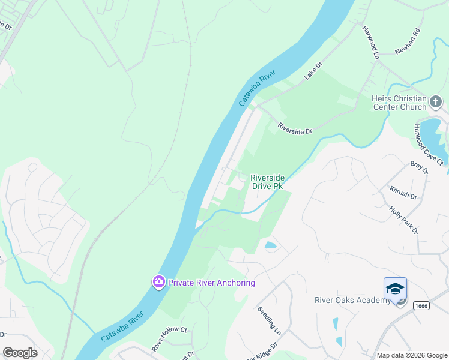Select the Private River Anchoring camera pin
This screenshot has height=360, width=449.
tap(158, 282)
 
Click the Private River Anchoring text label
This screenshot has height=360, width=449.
tap(211, 283)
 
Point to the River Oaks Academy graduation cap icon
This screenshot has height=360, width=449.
tap(395, 289)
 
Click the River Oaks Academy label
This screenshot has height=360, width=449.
tap(353, 300)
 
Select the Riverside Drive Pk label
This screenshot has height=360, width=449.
tap(267, 182)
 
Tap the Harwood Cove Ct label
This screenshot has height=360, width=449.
tap(428, 145)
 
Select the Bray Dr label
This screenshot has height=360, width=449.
tap(419, 168)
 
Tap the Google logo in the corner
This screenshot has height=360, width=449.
tap(20, 352)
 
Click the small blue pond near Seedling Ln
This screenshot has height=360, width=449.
tap(271, 245)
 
